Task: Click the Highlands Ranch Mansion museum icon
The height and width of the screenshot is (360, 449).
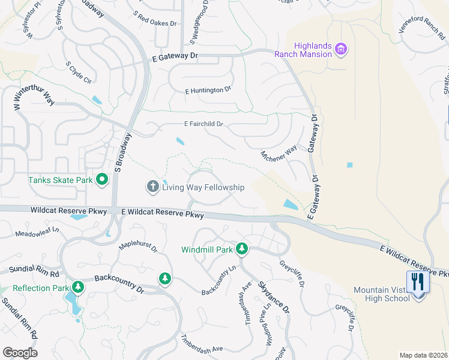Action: click(x=341, y=49)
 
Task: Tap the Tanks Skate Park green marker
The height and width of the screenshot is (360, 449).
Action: click(x=102, y=179)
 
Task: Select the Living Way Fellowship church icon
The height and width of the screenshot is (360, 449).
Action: click(x=152, y=187)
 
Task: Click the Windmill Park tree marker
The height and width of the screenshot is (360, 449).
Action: click(x=241, y=248)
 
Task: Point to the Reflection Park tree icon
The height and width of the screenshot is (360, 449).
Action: click(x=77, y=287)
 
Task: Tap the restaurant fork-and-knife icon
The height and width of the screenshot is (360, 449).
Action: click(x=418, y=281)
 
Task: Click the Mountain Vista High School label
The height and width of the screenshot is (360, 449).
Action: click(x=381, y=294)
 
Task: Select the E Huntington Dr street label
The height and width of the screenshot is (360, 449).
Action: click(x=208, y=89)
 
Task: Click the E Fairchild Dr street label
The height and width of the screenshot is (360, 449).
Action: click(x=203, y=124)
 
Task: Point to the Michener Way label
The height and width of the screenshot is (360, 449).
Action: click(x=279, y=159)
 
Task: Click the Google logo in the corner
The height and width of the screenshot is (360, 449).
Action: click(x=20, y=353)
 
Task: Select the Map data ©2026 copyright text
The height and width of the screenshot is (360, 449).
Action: click(x=423, y=355)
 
